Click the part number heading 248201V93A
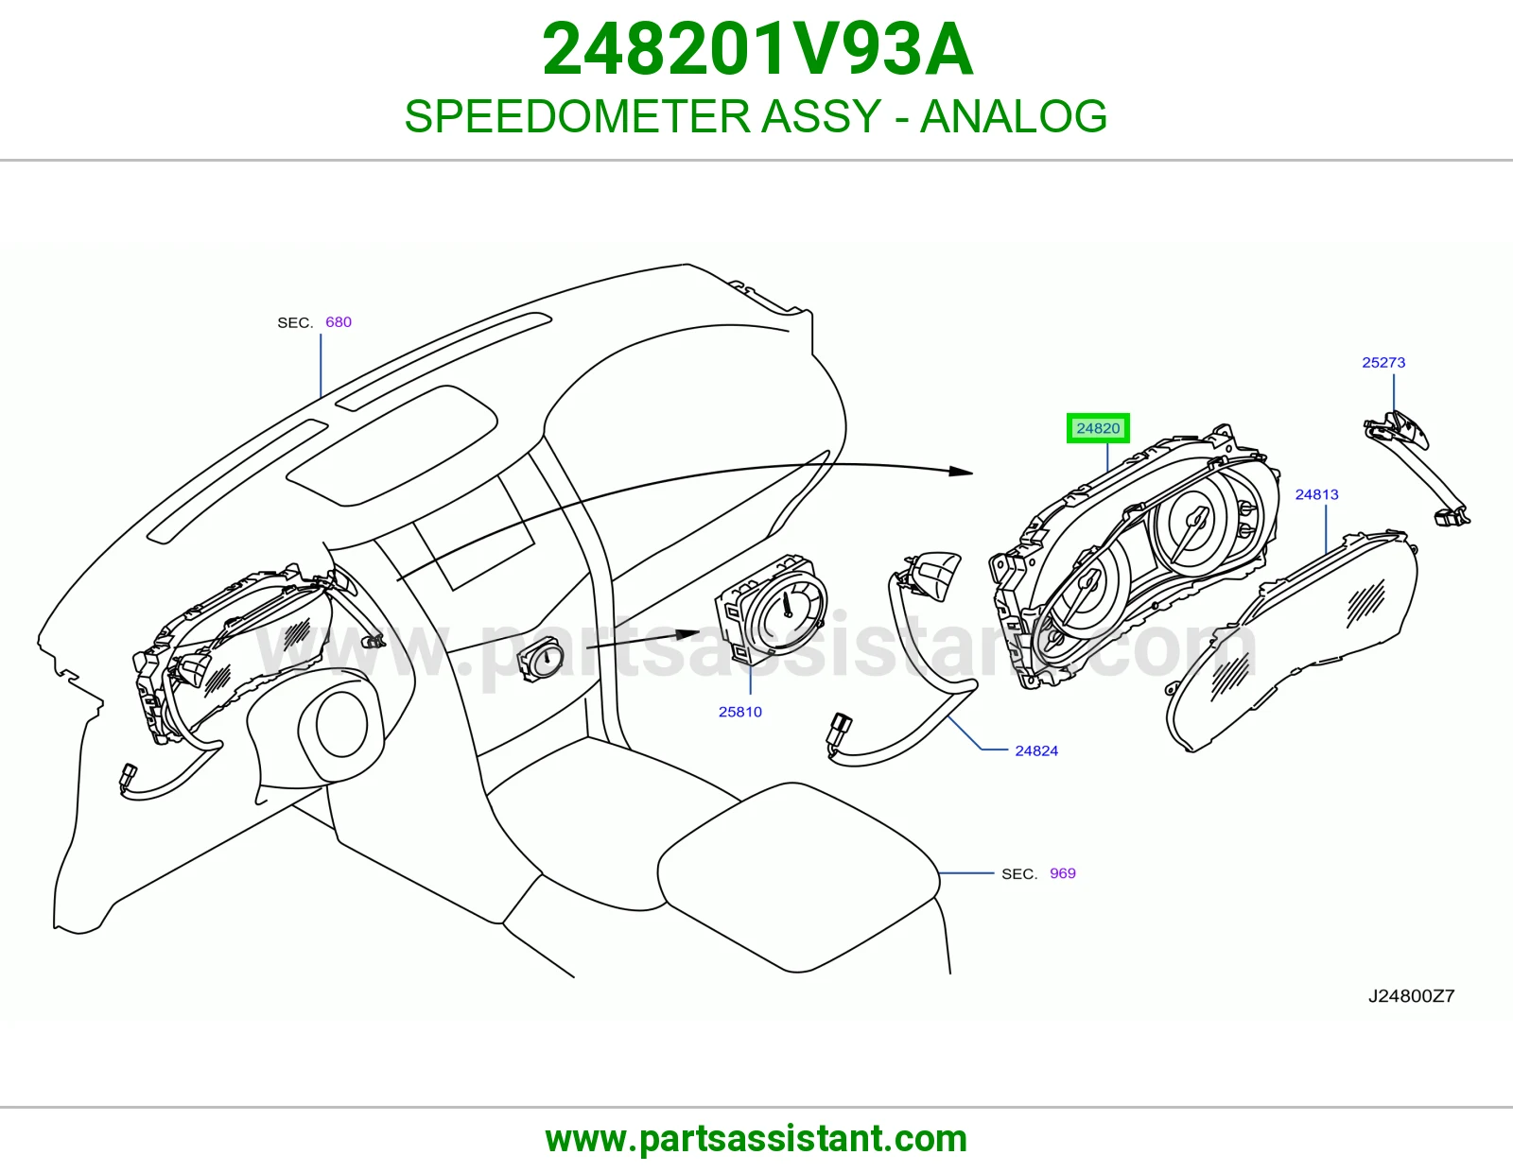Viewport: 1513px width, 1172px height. coord(756,50)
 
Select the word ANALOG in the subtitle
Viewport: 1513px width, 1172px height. coord(1013,116)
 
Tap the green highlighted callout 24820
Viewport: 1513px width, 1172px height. coord(1098,428)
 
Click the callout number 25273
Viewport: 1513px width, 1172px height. coord(1383,363)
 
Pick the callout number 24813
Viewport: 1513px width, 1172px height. coord(1316,495)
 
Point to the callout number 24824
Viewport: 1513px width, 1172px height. coord(1036,751)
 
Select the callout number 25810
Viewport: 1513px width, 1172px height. coord(740,712)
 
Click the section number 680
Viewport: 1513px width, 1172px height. coord(339,322)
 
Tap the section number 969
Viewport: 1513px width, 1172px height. coord(1063,873)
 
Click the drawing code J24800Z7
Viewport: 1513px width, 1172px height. coord(1411,996)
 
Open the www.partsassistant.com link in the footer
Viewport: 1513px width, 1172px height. coord(756,1139)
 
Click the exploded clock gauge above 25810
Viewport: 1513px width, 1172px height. coord(772,605)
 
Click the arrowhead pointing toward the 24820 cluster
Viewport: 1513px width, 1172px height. coord(961,471)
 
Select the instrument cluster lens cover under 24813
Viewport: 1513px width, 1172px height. coord(1292,640)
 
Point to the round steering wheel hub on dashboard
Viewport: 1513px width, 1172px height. coord(341,724)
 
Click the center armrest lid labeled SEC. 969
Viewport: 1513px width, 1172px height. coord(798,877)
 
